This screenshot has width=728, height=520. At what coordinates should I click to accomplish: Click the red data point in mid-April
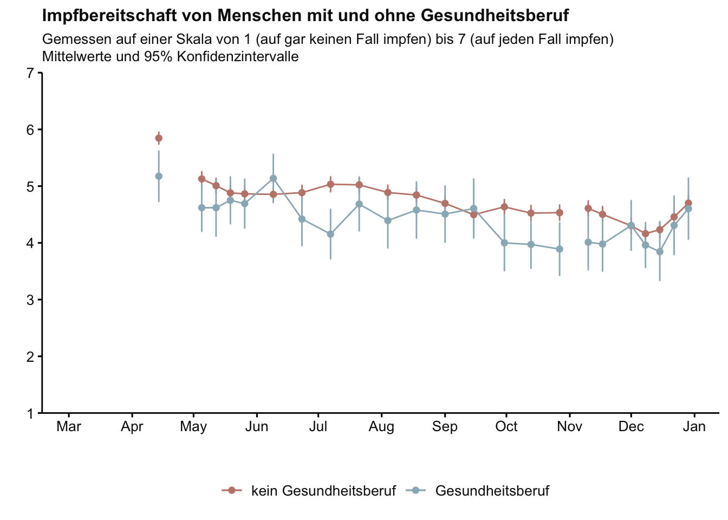[159, 138]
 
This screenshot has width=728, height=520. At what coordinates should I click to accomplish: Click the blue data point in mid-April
[159, 176]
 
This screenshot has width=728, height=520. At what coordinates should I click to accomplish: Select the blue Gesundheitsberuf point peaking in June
[273, 178]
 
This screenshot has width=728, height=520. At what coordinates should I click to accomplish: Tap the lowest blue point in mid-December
[660, 252]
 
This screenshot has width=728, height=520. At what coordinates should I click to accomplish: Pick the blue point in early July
[330, 234]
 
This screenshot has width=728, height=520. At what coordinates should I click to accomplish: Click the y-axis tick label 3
[30, 300]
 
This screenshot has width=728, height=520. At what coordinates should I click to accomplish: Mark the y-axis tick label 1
[30, 413]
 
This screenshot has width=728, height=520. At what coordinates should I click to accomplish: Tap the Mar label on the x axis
[69, 427]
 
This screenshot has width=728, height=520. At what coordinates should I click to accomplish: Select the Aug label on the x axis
[381, 427]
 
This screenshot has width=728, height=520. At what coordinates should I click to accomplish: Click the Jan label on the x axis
[694, 427]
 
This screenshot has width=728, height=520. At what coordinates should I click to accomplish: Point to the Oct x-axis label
[506, 427]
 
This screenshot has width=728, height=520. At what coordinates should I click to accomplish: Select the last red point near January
[688, 203]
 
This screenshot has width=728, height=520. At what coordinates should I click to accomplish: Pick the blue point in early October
[504, 243]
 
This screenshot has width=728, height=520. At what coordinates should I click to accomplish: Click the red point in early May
[201, 179]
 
